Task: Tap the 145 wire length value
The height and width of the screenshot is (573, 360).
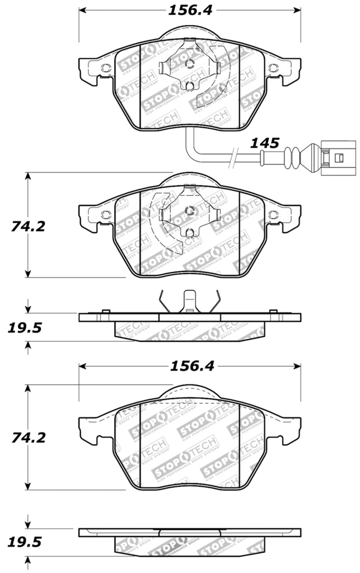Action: click(x=264, y=143)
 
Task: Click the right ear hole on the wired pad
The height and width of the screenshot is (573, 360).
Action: click(x=272, y=68)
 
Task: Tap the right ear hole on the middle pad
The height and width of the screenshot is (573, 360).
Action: click(x=272, y=215)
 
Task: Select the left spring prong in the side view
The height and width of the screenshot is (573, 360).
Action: click(x=162, y=302)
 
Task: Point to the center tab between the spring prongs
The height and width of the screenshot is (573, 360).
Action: click(x=189, y=300)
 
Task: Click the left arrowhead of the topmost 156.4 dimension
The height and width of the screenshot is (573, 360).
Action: click(x=82, y=10)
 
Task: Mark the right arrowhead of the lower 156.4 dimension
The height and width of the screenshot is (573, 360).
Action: click(x=297, y=366)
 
